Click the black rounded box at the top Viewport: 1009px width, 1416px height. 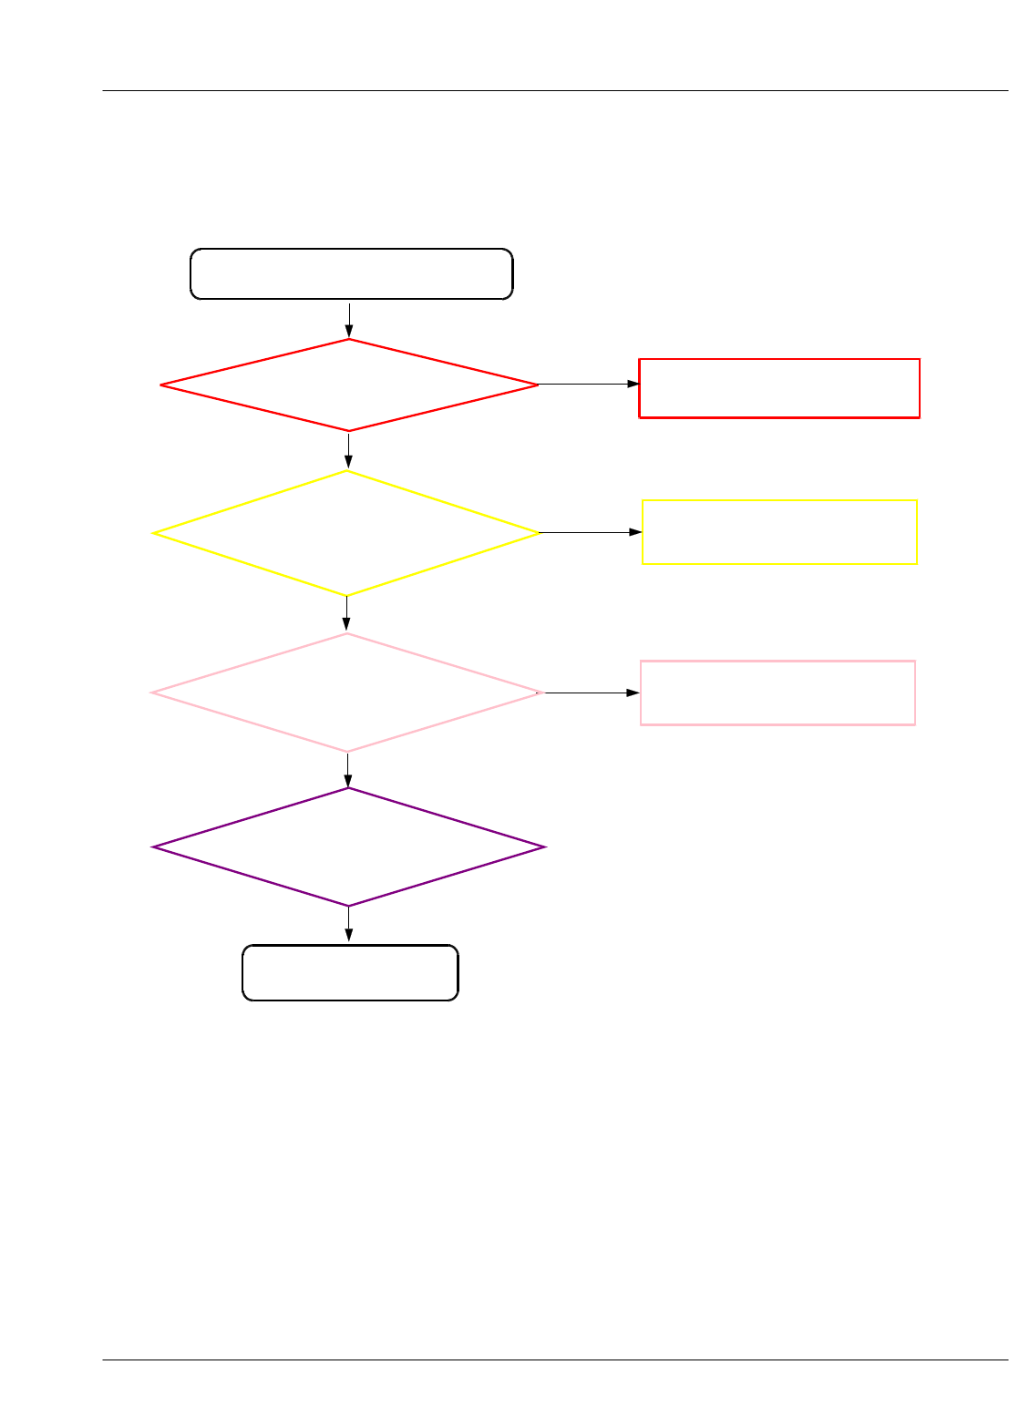pyautogui.click(x=351, y=273)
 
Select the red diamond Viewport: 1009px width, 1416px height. pyautogui.click(x=349, y=385)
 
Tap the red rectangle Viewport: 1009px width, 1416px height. pyautogui.click(x=779, y=388)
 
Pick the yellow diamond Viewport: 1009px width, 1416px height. pyautogui.click(x=346, y=533)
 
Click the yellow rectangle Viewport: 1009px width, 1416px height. pyautogui.click(x=779, y=532)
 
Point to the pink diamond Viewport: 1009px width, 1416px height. pyautogui.click(x=346, y=693)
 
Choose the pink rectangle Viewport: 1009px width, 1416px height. pyautogui.click(x=777, y=693)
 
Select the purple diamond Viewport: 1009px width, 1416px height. pyautogui.click(x=349, y=847)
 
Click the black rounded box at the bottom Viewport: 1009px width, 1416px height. pyautogui.click(x=350, y=973)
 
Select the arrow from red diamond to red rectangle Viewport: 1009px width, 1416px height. pyautogui.click(x=589, y=385)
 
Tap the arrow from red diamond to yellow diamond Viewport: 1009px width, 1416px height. pyautogui.click(x=348, y=450)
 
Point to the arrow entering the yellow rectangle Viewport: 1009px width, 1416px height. pyautogui.click(x=591, y=532)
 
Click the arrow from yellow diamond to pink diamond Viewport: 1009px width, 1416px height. pyautogui.click(x=346, y=613)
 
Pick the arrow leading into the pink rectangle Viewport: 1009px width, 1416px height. pyautogui.click(x=592, y=693)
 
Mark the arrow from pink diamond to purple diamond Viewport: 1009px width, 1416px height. pyautogui.click(x=348, y=770)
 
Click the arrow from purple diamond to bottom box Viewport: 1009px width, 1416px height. pyautogui.click(x=349, y=925)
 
